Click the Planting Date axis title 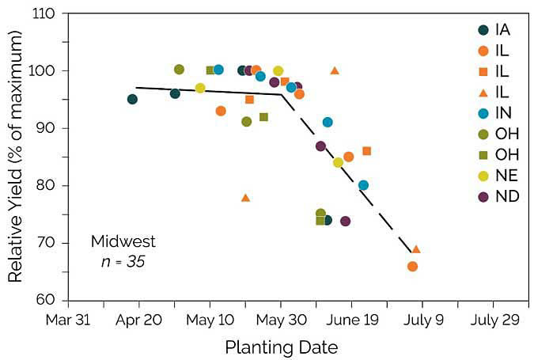(x=282, y=347)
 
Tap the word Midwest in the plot (x=123, y=241)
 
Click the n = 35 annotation (x=123, y=260)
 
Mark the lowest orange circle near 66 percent (x=412, y=266)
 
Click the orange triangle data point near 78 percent (x=245, y=198)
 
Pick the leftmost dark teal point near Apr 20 (x=132, y=99)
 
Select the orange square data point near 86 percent (x=366, y=150)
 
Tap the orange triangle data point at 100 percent (x=335, y=70)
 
